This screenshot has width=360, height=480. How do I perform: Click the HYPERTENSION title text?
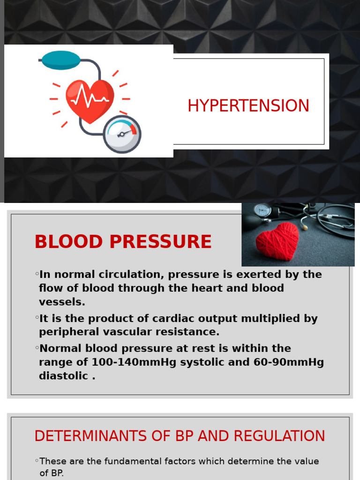[248, 106]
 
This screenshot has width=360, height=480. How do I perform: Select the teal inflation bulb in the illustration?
[60, 60]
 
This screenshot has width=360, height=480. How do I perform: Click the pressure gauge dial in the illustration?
[122, 134]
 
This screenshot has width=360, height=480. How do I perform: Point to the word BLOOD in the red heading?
[68, 242]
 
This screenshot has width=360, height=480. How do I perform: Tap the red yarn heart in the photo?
[277, 241]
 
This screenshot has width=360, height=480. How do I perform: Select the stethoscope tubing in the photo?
[335, 220]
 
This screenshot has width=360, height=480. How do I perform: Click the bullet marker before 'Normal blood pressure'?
[37, 348]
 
